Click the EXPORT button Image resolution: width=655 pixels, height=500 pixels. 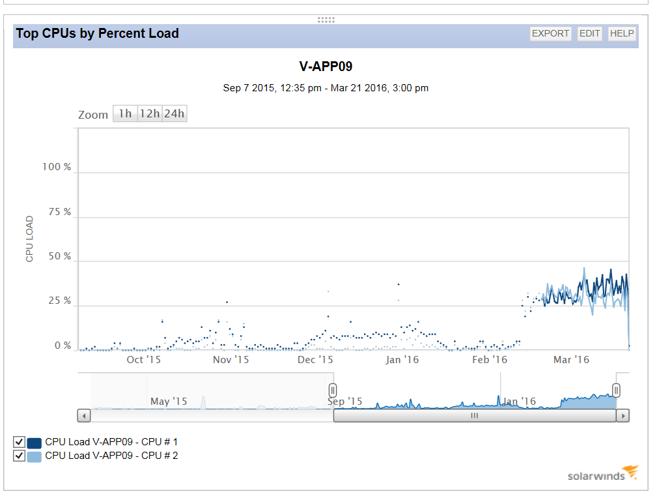click(x=551, y=34)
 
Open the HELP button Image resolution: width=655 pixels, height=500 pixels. click(x=622, y=34)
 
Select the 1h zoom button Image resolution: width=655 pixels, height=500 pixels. click(x=124, y=114)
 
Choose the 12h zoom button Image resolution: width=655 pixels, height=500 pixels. click(x=150, y=114)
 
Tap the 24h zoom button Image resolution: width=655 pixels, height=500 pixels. click(x=174, y=114)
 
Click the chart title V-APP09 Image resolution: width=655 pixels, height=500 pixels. click(x=326, y=66)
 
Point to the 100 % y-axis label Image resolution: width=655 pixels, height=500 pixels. click(x=57, y=168)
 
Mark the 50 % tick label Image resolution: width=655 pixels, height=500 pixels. click(x=59, y=257)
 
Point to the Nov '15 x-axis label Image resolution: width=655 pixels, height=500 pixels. click(x=231, y=360)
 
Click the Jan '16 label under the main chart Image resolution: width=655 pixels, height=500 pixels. click(x=402, y=360)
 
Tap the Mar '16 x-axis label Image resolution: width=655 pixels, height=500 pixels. click(x=571, y=360)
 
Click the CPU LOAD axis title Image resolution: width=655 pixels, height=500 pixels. click(x=29, y=239)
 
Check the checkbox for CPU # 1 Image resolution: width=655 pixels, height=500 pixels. click(x=20, y=442)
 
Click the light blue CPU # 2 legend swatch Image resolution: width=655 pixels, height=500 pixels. click(x=35, y=456)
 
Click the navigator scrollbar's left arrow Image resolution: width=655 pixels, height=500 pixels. click(x=84, y=415)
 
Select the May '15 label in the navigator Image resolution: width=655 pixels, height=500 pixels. click(x=169, y=402)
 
